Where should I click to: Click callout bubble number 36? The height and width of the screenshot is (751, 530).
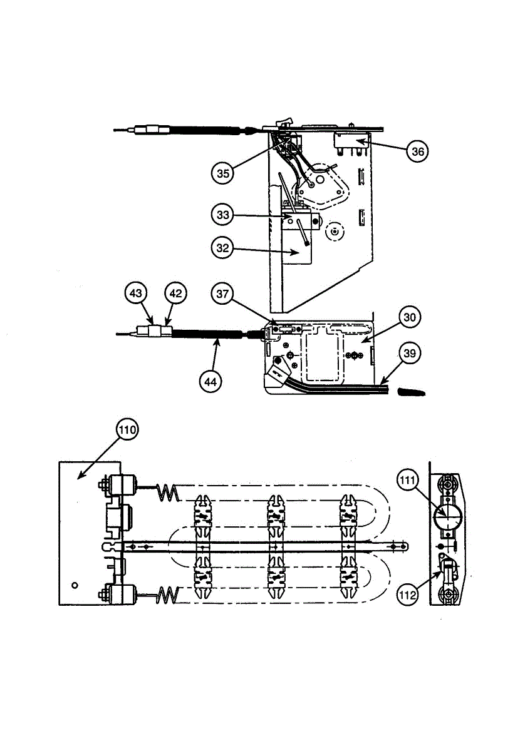tap(417, 151)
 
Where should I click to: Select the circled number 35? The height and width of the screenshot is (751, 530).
tap(222, 173)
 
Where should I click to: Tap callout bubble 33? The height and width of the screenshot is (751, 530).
tap(222, 215)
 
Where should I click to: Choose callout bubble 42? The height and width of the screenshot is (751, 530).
tap(175, 292)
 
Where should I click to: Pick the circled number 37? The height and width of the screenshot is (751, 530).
tap(222, 292)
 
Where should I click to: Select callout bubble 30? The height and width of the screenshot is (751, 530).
tap(408, 317)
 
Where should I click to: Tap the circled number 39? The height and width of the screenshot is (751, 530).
tap(408, 354)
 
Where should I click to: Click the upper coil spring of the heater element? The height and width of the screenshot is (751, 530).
tap(167, 493)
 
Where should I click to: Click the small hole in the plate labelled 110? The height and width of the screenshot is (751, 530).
tap(75, 585)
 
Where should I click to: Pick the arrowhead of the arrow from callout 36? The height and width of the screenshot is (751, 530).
tap(359, 143)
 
